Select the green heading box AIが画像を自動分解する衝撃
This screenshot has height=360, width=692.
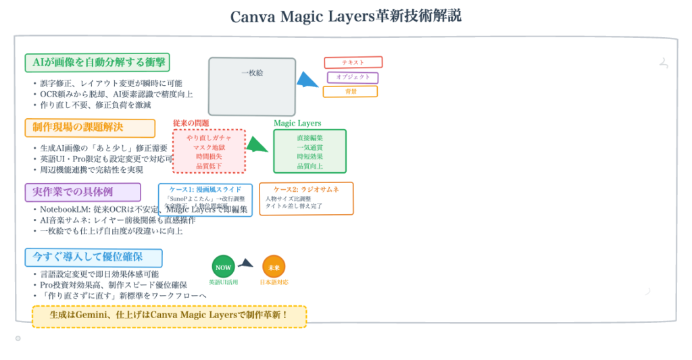pyautogui.click(x=97, y=63)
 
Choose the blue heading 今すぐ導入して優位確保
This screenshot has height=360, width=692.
pyautogui.click(x=93, y=257)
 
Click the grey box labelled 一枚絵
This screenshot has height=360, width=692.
pyautogui.click(x=252, y=86)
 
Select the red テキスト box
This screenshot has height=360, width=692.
pyautogui.click(x=353, y=62)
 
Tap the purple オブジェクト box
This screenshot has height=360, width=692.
pyautogui.click(x=353, y=77)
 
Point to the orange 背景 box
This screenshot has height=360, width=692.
pyautogui.click(x=350, y=91)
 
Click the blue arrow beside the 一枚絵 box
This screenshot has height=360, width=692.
pyautogui.click(x=307, y=80)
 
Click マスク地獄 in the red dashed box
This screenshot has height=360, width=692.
pyautogui.click(x=209, y=147)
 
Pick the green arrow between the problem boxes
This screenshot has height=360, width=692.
pyautogui.click(x=256, y=144)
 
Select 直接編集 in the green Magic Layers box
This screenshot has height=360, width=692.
pyautogui.click(x=310, y=138)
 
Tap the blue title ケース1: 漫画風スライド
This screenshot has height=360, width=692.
pyautogui.click(x=205, y=189)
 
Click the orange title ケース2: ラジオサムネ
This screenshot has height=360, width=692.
pyautogui.click(x=306, y=189)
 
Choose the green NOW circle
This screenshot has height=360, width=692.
pyautogui.click(x=223, y=267)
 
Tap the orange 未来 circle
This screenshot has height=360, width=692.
pyautogui.click(x=274, y=267)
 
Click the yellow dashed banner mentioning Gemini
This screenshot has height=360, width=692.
pyautogui.click(x=169, y=315)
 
